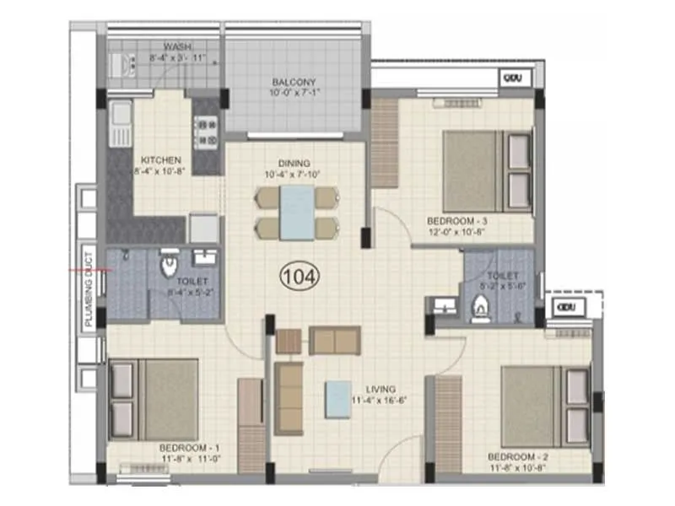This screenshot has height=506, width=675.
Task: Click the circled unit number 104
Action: (x=300, y=274)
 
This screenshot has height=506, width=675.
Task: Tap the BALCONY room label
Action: (x=294, y=83)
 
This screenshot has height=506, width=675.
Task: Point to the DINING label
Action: (x=294, y=163)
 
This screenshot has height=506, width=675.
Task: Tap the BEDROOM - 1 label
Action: (x=189, y=447)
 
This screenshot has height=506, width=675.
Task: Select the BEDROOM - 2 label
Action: (x=517, y=457)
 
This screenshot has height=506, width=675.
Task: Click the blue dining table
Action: (x=297, y=213)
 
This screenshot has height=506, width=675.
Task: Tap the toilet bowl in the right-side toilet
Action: (x=480, y=311)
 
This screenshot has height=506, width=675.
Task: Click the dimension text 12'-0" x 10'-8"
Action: (x=456, y=232)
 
